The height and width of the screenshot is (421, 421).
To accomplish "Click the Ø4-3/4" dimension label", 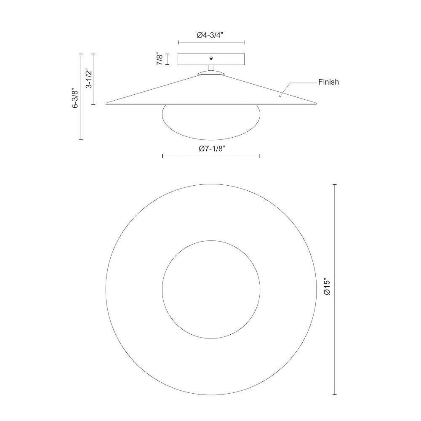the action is pyautogui.click(x=210, y=35).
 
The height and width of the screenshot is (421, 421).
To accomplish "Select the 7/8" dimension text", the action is pyautogui.click(x=160, y=59).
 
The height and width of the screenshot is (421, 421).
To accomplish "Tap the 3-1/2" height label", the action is pyautogui.click(x=89, y=79).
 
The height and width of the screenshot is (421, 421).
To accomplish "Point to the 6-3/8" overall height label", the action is pyautogui.click(x=76, y=98).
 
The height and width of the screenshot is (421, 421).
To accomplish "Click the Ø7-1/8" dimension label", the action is pyautogui.click(x=212, y=149).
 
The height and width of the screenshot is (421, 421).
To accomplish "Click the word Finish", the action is pyautogui.click(x=328, y=82).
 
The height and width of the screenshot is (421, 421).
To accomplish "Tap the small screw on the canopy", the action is pyautogui.click(x=211, y=58).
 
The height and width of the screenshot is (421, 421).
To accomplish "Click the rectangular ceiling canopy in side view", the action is pyautogui.click(x=211, y=59).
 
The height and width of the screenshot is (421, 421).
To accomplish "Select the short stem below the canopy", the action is pyautogui.click(x=211, y=69).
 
